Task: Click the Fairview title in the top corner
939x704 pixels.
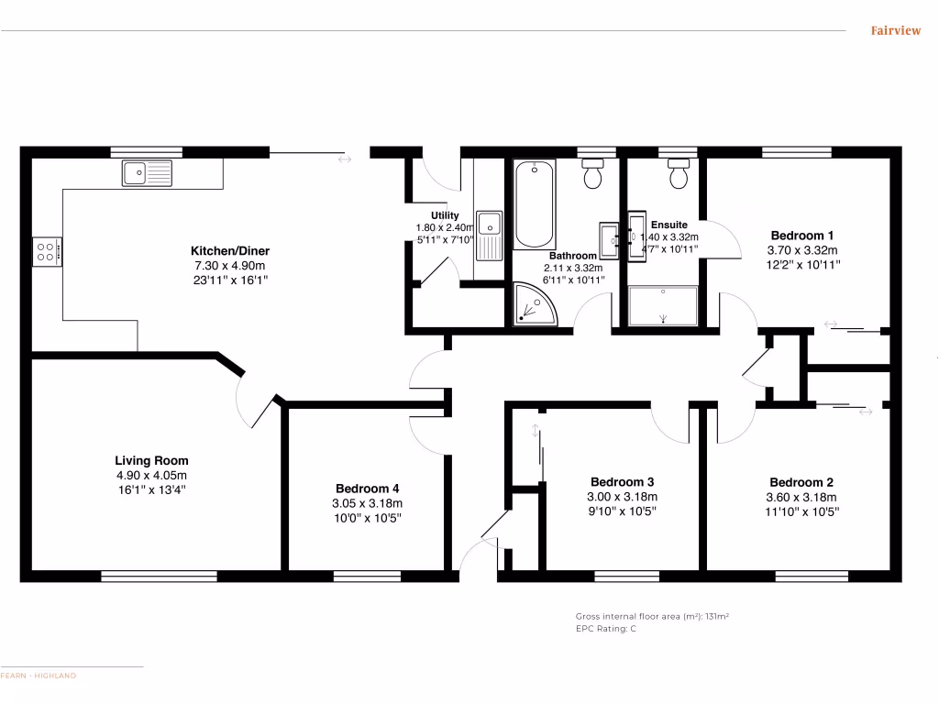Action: point(895,31)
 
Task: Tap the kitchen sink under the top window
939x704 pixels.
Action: point(147,171)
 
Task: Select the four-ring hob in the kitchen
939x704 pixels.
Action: point(47,251)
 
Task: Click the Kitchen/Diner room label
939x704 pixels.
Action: point(229,250)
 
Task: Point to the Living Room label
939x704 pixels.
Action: point(151,461)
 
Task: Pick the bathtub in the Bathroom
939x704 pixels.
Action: point(534,204)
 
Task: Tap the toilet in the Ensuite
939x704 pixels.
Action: point(679,173)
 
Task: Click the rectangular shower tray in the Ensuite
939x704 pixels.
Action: point(663,305)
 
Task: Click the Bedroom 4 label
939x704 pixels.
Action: point(367,489)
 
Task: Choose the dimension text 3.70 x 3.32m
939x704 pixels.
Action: point(801,249)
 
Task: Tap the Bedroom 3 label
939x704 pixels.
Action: point(622,482)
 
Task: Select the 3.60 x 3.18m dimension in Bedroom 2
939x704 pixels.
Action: point(801,497)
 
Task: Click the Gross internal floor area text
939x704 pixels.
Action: point(652,617)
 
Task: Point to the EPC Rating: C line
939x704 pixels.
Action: point(606,629)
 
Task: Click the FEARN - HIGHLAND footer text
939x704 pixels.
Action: point(39,676)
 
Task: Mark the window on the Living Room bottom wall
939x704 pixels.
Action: point(159,577)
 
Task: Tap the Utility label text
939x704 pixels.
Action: point(445,215)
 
